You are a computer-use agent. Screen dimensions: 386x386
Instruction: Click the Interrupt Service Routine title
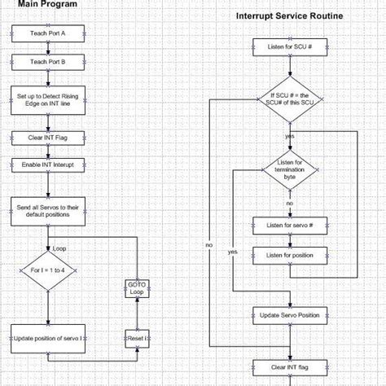click(289, 16)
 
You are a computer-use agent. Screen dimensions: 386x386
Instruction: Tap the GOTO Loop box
click(137, 287)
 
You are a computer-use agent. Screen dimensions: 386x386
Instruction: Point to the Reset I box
click(137, 336)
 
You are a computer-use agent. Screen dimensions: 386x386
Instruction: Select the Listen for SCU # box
click(289, 47)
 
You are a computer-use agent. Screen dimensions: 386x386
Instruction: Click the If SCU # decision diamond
click(289, 104)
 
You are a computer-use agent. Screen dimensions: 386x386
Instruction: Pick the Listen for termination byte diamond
click(289, 169)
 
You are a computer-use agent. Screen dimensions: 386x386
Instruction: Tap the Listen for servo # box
click(289, 225)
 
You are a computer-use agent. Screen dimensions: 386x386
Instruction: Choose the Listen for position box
click(289, 256)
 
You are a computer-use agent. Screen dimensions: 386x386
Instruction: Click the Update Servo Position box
click(289, 314)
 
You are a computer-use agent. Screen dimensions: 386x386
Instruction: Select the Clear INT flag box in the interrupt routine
click(289, 366)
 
